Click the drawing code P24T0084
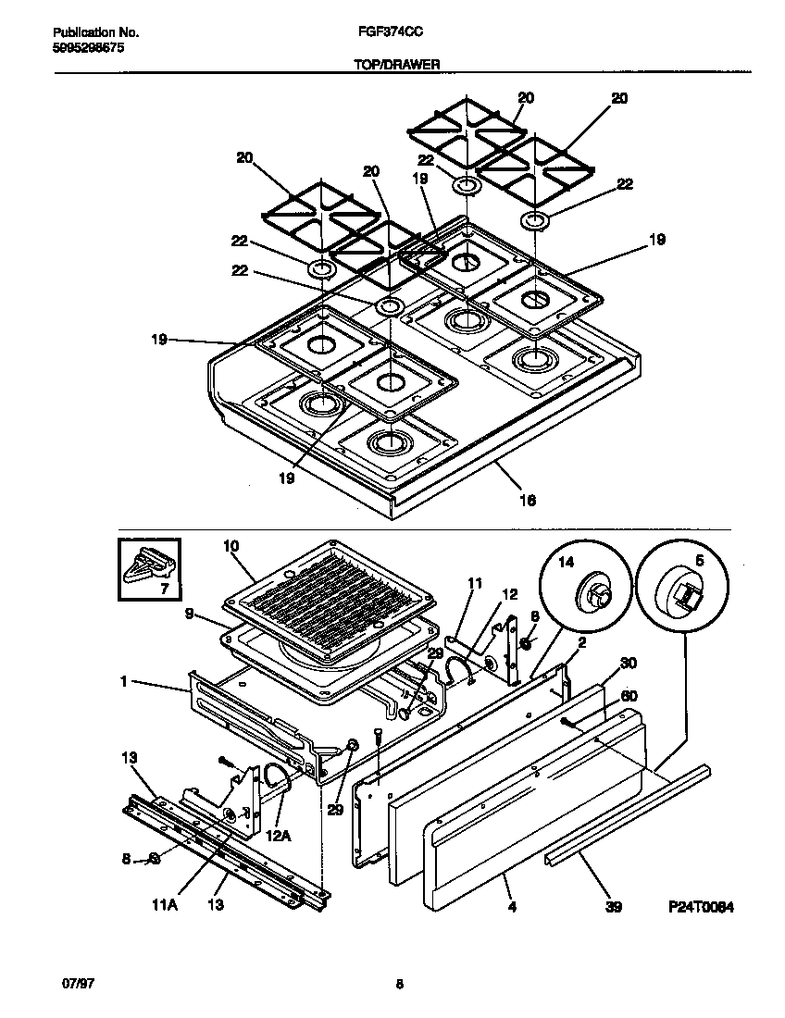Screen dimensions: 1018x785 pos(701,908)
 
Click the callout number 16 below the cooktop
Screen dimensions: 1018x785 pos(528,500)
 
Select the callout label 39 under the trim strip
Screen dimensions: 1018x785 pos(613,908)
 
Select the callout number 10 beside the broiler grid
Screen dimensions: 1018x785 pos(231,547)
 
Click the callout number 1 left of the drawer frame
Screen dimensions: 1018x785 pos(122,681)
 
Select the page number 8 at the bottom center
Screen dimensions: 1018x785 pos(399,985)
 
